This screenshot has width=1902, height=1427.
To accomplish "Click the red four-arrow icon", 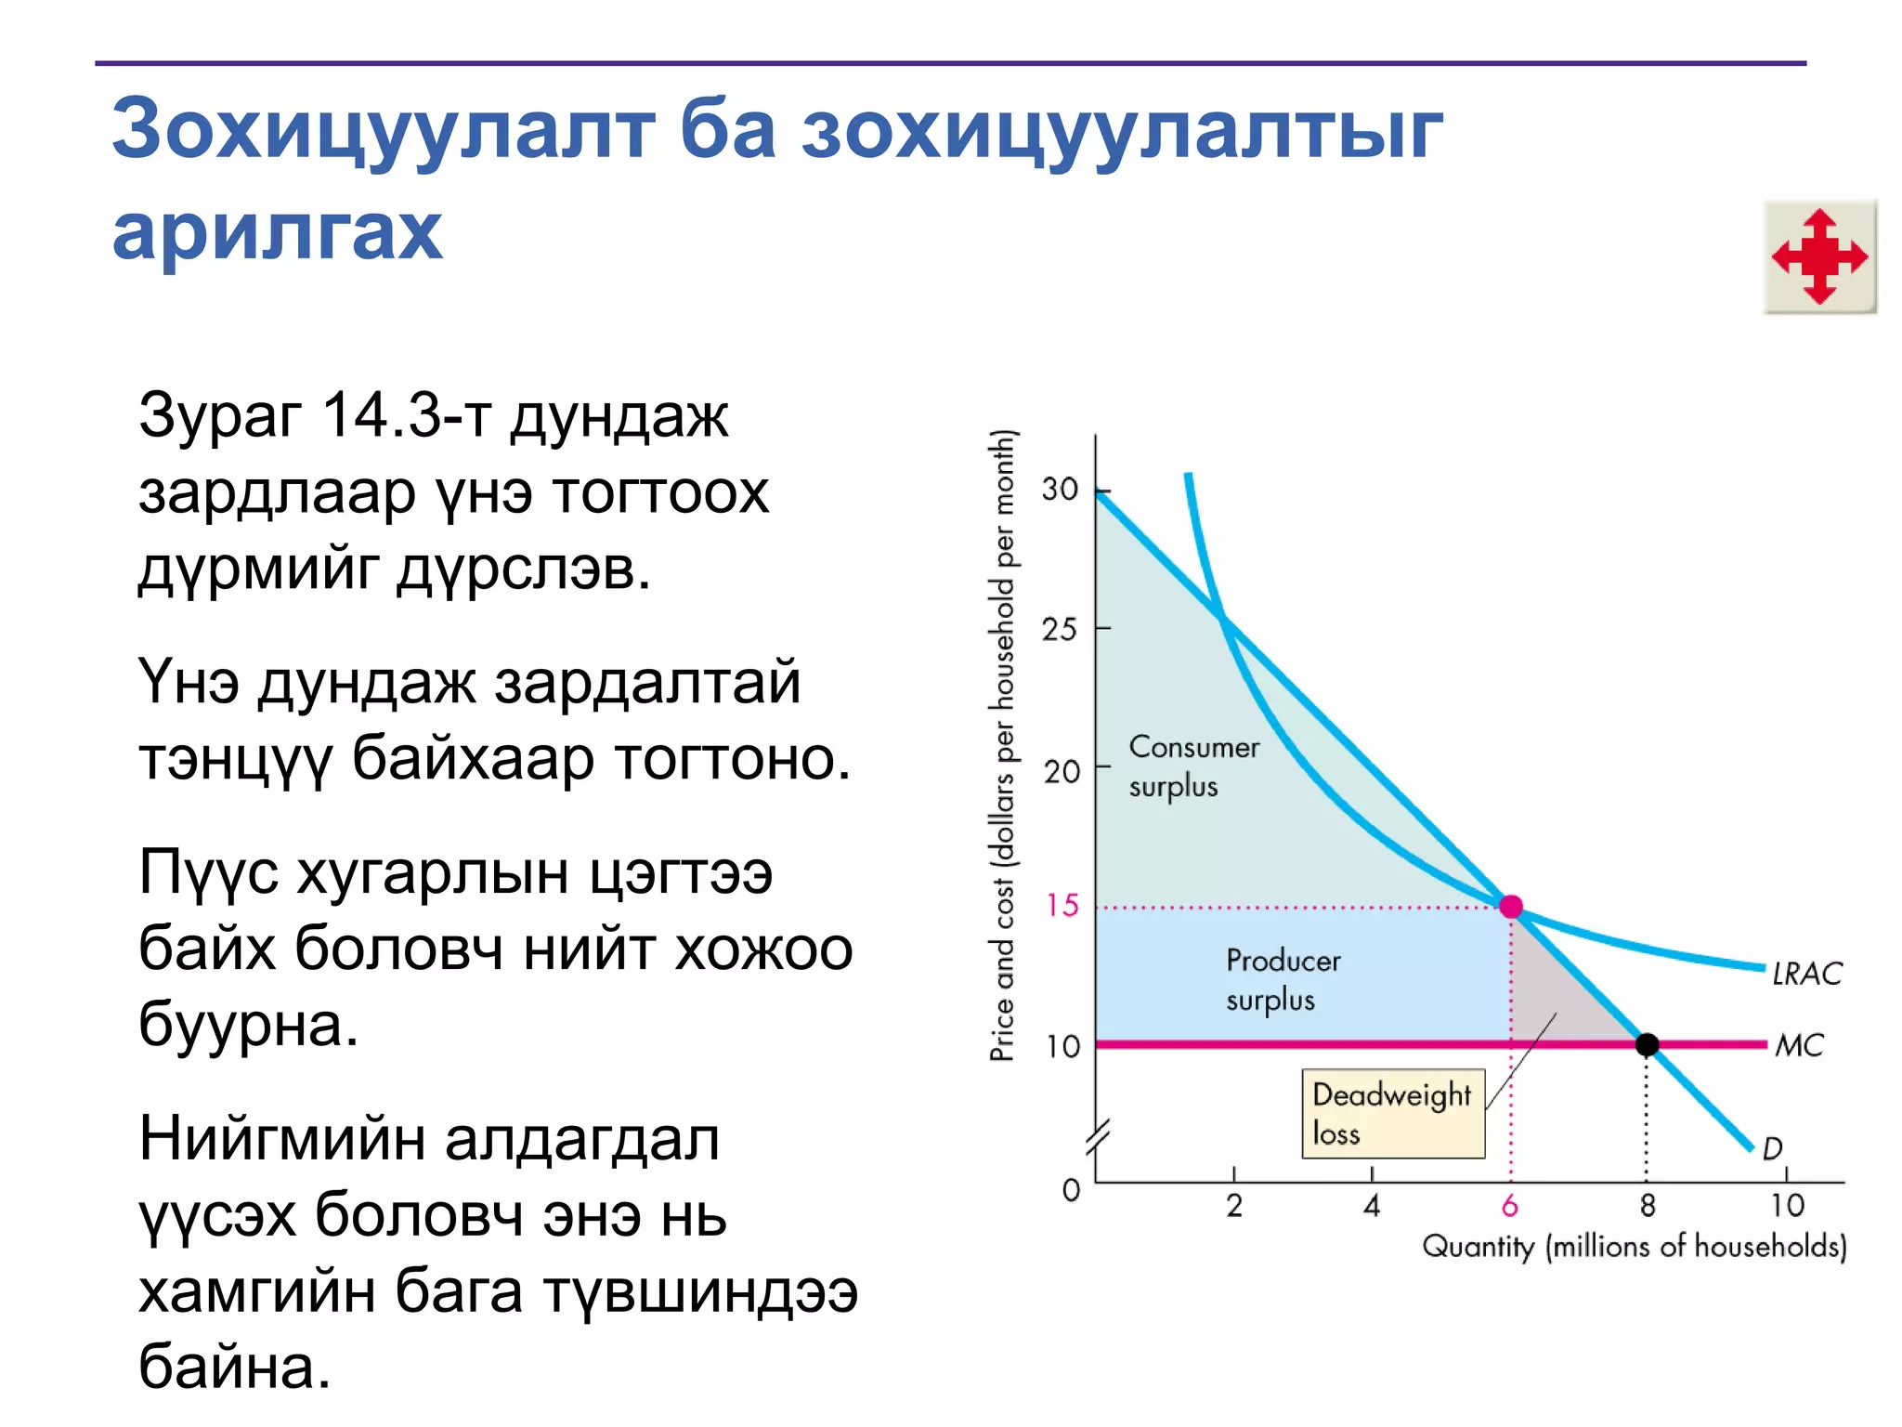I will [x=1819, y=256].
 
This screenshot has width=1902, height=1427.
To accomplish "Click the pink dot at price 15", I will [x=1511, y=906].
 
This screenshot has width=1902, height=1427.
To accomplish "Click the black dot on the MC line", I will [x=1647, y=1044].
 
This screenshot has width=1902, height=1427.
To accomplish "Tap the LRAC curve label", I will [x=1806, y=973].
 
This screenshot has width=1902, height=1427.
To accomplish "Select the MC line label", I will [x=1799, y=1045].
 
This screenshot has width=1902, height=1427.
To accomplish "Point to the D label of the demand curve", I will [x=1772, y=1148].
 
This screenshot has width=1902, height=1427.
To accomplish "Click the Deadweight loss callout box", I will [x=1392, y=1113].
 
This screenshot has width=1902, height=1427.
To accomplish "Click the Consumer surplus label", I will [x=1192, y=766].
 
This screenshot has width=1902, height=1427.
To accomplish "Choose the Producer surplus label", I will [x=1283, y=979].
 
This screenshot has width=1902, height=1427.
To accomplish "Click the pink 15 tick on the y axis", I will [x=1062, y=905].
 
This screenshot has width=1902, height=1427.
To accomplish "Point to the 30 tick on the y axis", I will [x=1060, y=489].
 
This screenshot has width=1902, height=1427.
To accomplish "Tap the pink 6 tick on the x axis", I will [x=1510, y=1206].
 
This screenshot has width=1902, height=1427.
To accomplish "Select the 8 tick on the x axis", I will [x=1648, y=1206].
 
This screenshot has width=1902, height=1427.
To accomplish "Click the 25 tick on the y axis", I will [x=1060, y=629].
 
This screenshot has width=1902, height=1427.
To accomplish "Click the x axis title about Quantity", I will [x=1634, y=1246].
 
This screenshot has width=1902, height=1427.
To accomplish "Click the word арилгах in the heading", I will [x=277, y=231].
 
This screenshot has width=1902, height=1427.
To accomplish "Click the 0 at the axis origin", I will [x=1071, y=1190].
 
